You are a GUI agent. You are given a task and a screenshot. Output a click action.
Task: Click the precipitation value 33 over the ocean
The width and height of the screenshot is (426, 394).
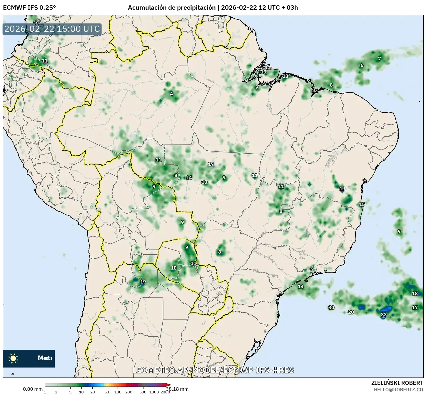point(384,315)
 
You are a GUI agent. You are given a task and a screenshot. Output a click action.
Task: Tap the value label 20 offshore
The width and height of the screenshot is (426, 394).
point(351,312)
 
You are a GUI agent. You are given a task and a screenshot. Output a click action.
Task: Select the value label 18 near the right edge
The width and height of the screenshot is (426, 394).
point(415,293)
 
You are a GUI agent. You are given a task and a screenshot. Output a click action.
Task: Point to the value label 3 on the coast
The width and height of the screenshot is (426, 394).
point(312,270)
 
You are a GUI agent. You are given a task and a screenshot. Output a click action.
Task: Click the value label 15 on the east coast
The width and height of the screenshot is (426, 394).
point(362,204)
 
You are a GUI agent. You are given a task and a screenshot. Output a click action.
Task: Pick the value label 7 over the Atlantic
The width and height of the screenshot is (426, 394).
point(362,65)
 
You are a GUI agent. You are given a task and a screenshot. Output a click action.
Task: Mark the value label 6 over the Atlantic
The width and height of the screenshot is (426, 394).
point(379,59)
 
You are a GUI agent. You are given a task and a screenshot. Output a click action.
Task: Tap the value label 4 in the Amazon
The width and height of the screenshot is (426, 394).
point(171,94)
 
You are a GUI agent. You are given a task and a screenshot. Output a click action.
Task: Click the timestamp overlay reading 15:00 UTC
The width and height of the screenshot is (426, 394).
point(52,29)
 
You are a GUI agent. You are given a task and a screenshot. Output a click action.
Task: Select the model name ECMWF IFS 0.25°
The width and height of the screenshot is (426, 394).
point(29,7)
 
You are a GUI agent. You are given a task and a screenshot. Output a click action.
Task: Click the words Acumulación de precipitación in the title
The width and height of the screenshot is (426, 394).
point(172,8)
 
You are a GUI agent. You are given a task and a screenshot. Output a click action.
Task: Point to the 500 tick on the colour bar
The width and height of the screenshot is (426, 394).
point(143,392)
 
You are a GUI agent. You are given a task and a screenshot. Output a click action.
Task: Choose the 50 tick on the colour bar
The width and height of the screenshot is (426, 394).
point(107,392)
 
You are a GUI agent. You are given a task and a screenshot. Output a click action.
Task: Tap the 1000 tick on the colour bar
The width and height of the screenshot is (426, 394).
point(154,392)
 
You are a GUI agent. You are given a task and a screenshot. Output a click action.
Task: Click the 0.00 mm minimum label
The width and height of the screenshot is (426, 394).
point(33,389)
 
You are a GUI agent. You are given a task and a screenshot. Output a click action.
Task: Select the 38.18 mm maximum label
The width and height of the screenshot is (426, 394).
point(180,389)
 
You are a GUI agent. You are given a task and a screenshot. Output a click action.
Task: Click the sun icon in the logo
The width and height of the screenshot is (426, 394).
point(13,358)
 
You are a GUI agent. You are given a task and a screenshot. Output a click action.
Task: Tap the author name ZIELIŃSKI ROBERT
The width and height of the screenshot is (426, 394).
point(397,383)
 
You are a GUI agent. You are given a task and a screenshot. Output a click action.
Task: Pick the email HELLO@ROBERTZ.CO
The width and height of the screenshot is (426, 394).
point(398,389)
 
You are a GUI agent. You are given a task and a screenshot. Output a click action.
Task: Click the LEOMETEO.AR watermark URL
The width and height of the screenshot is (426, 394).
point(213,370)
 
